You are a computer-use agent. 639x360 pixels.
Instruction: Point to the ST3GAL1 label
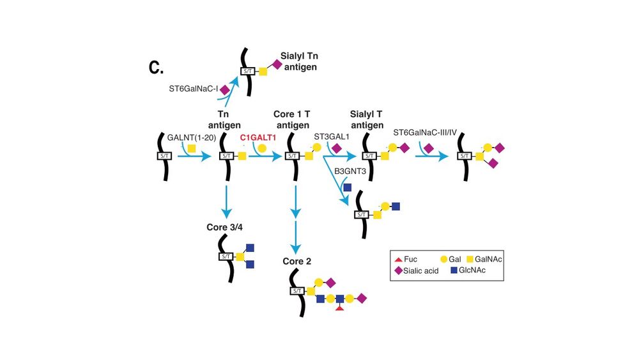[x=332, y=137]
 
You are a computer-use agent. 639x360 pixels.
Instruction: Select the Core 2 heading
[x=298, y=262]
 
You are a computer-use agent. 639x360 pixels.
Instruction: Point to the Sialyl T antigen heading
[x=367, y=120]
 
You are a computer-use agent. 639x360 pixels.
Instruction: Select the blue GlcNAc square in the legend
[x=454, y=270]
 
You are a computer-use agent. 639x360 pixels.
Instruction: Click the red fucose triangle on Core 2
[x=341, y=308]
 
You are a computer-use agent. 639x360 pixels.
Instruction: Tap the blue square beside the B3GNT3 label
[x=347, y=187]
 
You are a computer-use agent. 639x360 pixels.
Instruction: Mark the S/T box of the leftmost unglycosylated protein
[x=164, y=155]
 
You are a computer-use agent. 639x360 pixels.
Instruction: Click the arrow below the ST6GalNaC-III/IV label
[x=434, y=155]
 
